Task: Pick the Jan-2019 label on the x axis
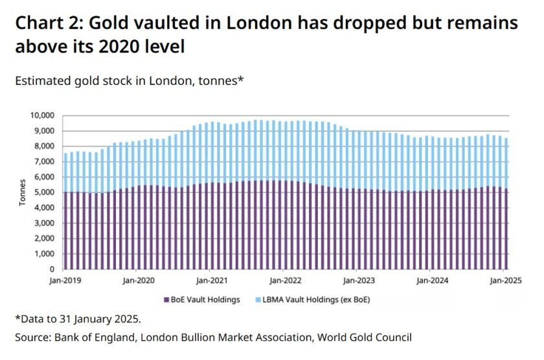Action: pos(65,281)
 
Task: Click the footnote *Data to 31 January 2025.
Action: pos(77,319)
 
